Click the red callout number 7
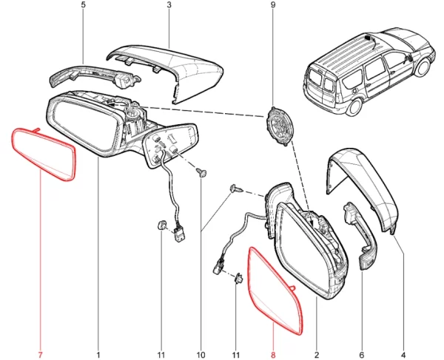[40, 355]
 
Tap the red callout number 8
[273, 355]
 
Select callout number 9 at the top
[273, 5]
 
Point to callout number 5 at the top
[83, 5]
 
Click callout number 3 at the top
[169, 5]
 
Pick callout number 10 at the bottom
[201, 355]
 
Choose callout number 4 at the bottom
[403, 355]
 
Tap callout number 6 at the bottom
[362, 355]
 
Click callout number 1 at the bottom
[98, 355]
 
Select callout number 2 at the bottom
[317, 355]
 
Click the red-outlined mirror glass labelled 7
[44, 154]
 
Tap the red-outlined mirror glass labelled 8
[273, 291]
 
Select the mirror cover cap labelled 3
[170, 71]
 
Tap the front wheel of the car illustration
[423, 68]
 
